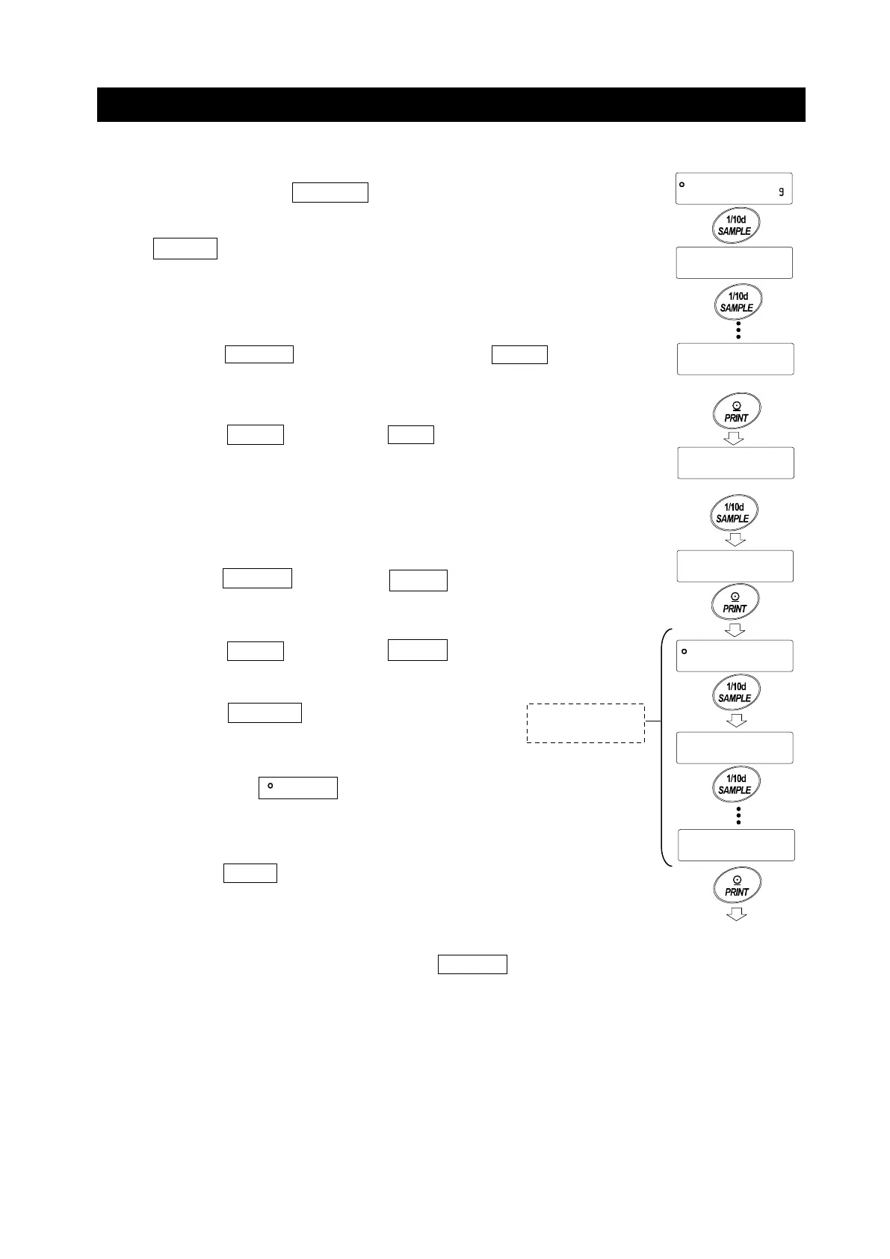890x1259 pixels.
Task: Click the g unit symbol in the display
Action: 781,192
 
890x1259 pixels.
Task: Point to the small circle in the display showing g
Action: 682,184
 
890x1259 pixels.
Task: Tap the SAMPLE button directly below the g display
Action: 735,226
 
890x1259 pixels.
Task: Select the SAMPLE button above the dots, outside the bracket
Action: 737,302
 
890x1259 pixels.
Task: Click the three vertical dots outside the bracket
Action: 738,331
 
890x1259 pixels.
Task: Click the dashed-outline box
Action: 585,723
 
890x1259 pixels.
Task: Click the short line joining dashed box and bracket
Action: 652,722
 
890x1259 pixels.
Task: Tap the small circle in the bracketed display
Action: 685,651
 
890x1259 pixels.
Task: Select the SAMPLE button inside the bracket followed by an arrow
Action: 735,692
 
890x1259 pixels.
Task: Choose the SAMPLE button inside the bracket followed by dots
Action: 735,784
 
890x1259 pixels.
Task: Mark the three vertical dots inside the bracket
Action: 738,816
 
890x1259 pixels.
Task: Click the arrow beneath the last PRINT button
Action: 737,914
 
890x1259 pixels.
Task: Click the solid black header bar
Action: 451,105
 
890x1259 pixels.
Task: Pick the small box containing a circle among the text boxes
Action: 297,788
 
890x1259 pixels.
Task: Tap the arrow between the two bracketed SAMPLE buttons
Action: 736,721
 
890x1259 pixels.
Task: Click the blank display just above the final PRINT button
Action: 735,845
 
